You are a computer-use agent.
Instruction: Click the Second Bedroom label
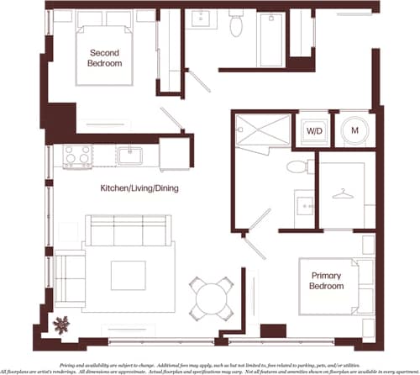point(106,57)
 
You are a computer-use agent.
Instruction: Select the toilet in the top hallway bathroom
point(236,25)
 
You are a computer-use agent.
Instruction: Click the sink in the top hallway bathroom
point(203,19)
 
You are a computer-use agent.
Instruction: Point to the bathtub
point(271,39)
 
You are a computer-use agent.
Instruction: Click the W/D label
point(314,131)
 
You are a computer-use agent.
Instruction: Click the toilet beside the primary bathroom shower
point(296,166)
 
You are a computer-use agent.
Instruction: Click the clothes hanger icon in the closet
point(341,195)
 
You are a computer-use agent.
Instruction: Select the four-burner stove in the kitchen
point(77,156)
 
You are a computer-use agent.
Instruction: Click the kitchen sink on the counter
point(129,155)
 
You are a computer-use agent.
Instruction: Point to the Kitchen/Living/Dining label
point(139,188)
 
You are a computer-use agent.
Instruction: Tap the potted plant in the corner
point(61,323)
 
